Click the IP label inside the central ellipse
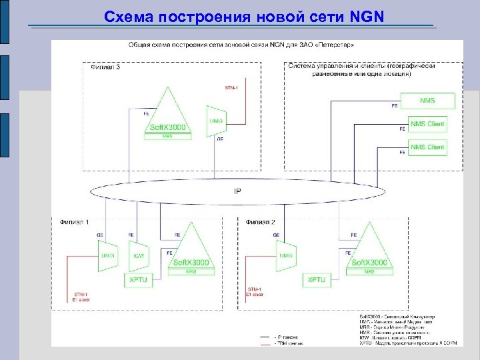pos(238,192)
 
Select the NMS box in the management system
pos(427,101)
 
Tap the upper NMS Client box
pos(427,124)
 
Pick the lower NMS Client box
pos(427,147)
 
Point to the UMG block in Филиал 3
pos(217,120)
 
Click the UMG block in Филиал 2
pos(287,256)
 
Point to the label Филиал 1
pos(74,222)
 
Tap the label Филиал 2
pos(261,222)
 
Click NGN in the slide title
pos(366,15)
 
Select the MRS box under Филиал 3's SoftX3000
pos(167,135)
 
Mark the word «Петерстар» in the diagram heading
pos(338,45)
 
